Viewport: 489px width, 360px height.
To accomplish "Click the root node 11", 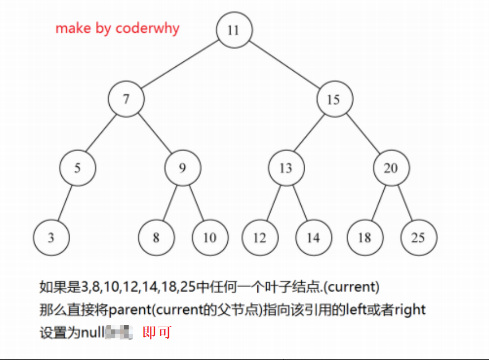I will (234, 30).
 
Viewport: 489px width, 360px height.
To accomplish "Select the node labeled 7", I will (126, 100).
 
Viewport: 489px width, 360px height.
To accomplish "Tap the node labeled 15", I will (333, 100).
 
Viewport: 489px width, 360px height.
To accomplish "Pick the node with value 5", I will (77, 168).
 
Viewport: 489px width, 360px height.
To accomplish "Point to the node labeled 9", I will (182, 168).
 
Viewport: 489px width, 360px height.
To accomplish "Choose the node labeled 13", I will (285, 168).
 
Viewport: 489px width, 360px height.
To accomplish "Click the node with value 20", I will (390, 168).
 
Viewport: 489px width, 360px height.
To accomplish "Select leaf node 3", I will (51, 238).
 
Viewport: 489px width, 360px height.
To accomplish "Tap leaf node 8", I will (156, 238).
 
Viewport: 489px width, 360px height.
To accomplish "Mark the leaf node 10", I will (209, 238).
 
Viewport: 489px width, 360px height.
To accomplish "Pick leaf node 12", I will (260, 238).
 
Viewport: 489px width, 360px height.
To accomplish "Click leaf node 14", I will (313, 238).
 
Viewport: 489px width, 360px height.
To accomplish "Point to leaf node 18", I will (364, 238).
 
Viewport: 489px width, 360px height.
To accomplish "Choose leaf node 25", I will (418, 238).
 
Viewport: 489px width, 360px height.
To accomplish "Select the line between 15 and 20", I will (362, 134).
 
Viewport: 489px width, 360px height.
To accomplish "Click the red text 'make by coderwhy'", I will (118, 28).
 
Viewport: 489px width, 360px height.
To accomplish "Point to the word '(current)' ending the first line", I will (352, 287).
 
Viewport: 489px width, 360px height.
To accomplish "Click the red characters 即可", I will (157, 333).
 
